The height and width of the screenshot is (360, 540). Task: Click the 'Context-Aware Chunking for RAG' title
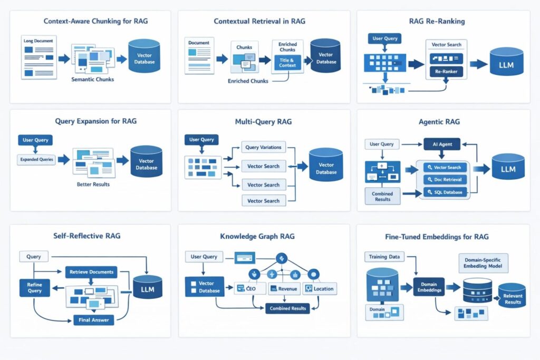(89, 22)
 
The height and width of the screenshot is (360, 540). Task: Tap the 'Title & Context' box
(287, 63)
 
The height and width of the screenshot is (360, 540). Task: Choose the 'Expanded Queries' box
(36, 159)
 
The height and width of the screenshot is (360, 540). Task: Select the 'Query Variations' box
(264, 147)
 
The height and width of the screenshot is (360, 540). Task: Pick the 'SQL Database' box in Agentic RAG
(446, 192)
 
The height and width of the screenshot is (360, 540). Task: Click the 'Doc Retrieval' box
(446, 180)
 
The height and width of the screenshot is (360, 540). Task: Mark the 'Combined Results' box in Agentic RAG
(382, 197)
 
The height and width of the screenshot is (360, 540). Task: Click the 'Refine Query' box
(34, 287)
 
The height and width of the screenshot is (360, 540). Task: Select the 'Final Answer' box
(93, 320)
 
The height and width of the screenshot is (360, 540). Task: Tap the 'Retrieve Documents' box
(91, 272)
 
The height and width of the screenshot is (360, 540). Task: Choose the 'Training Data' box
(383, 257)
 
